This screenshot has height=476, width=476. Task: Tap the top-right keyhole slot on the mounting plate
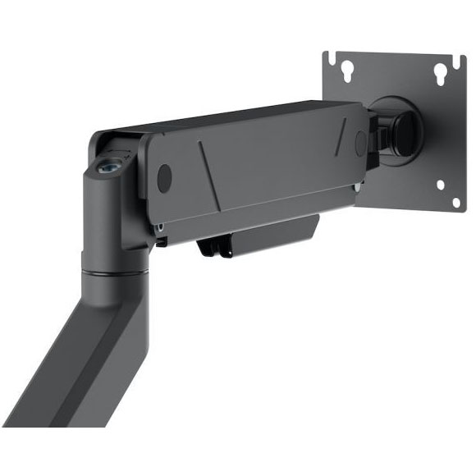(x=440, y=72)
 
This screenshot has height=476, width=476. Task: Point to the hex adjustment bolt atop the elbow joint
(x=107, y=165)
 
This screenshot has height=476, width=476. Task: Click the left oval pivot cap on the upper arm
(x=164, y=176)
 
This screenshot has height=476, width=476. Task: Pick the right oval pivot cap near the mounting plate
(x=358, y=140)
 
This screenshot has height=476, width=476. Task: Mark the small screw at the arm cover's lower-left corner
(x=162, y=222)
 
